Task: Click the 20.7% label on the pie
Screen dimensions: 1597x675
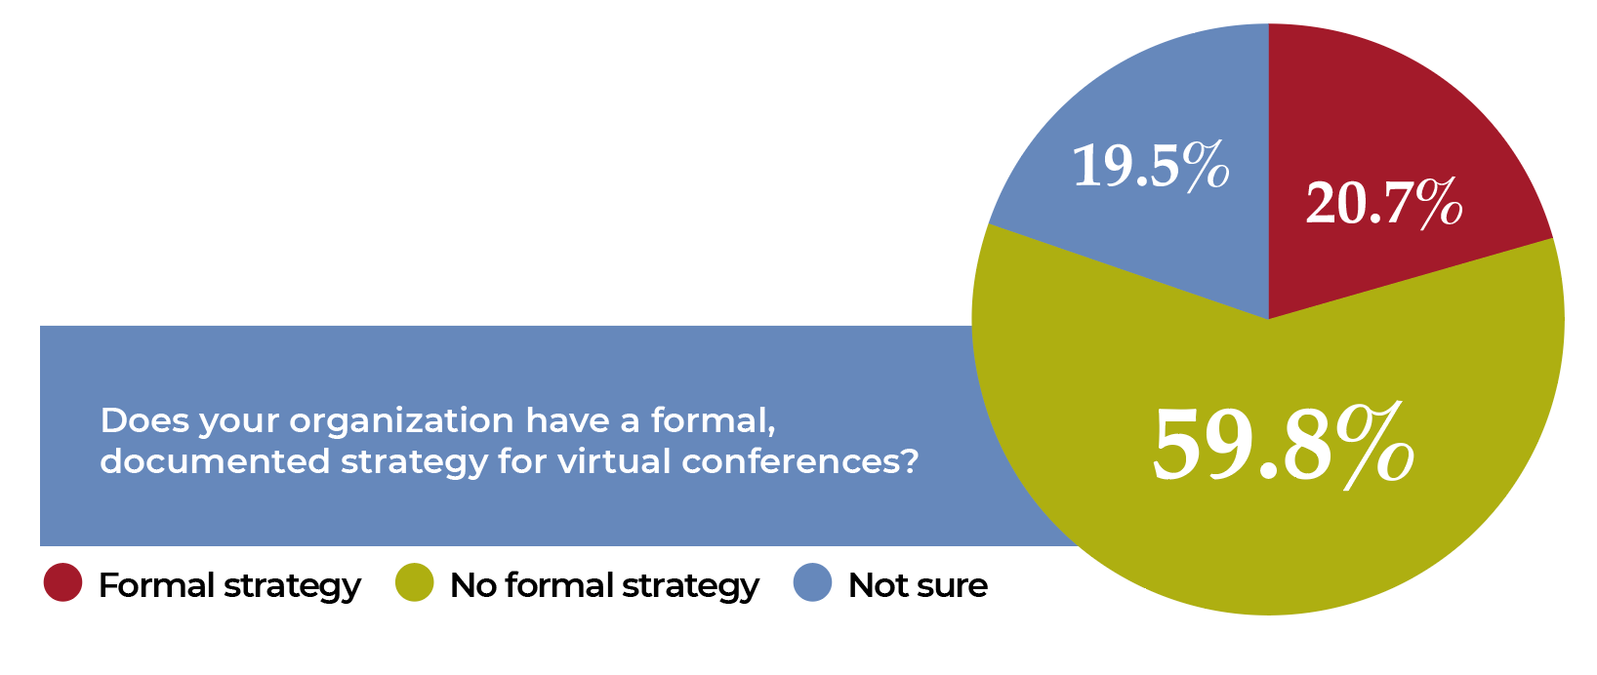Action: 1384,204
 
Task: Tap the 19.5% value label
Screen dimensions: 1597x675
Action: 1151,166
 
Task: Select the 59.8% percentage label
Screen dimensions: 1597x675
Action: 1284,446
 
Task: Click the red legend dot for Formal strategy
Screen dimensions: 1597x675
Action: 62,582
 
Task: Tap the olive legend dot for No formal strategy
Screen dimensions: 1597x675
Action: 414,582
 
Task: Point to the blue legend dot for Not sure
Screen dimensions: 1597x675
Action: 812,582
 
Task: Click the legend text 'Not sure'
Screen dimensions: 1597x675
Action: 919,585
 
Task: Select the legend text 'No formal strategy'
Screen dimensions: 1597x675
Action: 604,586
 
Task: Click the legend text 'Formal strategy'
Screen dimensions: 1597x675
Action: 229,586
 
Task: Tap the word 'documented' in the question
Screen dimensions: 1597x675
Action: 215,461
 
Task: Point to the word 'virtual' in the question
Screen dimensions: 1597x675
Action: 615,461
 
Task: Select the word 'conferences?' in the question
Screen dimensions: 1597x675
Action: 799,461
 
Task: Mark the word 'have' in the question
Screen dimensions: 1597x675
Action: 567,419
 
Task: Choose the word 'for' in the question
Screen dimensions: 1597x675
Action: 522,461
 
